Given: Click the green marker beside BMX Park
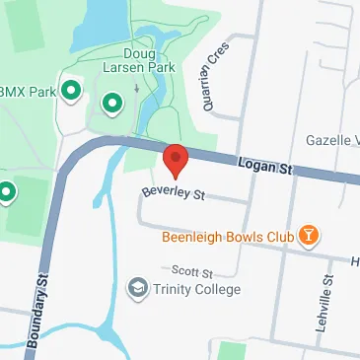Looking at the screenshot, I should point(71,92).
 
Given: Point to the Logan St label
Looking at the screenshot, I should point(263,170).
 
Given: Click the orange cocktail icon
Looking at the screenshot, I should point(310,236).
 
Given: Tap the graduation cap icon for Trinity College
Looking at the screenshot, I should point(139,288).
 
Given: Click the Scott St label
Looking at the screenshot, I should point(191,270).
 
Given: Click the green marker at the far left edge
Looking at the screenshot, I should point(6,189).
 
